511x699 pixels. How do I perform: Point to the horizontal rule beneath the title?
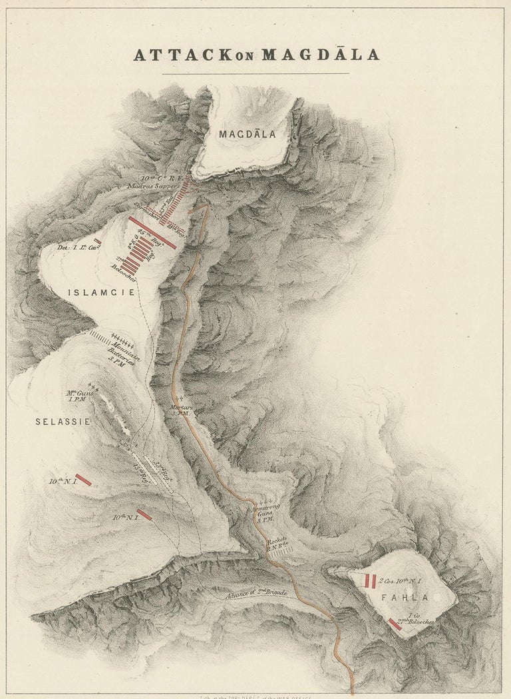click(x=255, y=73)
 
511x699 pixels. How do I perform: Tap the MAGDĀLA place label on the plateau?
click(x=248, y=134)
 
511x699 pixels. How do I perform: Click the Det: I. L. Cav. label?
click(x=74, y=247)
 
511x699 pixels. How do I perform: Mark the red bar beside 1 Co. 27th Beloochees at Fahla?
click(x=395, y=624)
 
